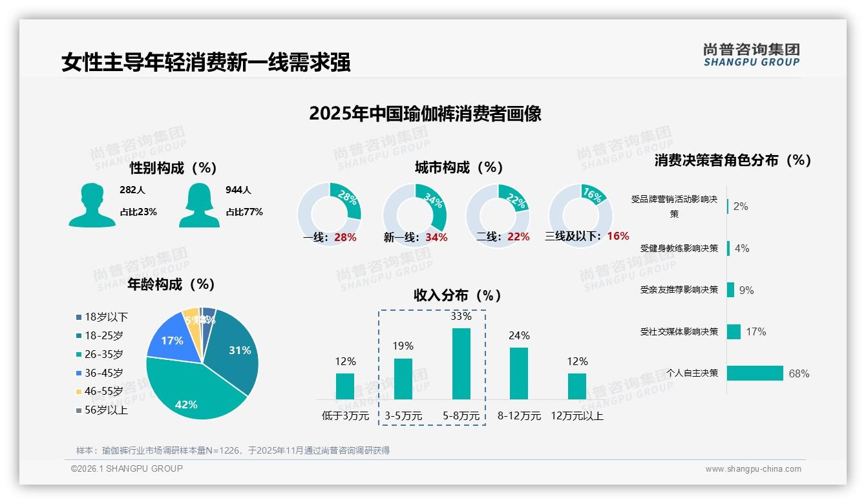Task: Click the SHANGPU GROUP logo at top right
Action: pyautogui.click(x=751, y=55)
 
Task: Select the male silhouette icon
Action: pyautogui.click(x=92, y=205)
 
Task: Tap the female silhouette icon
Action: pyautogui.click(x=199, y=205)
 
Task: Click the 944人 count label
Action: pyautogui.click(x=238, y=190)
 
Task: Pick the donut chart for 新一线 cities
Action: pyautogui.click(x=414, y=215)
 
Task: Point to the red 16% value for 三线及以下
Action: pyautogui.click(x=618, y=236)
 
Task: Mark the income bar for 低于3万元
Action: pyautogui.click(x=345, y=386)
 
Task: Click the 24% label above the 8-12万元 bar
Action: pyautogui.click(x=519, y=335)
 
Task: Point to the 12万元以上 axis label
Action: pyautogui.click(x=576, y=416)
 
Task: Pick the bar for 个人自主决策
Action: pyautogui.click(x=755, y=373)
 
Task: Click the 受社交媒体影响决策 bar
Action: pyautogui.click(x=734, y=331)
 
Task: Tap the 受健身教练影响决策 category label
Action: pyautogui.click(x=679, y=248)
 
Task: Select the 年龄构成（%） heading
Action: pyautogui.click(x=171, y=284)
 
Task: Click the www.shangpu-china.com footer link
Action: pyautogui.click(x=753, y=469)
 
